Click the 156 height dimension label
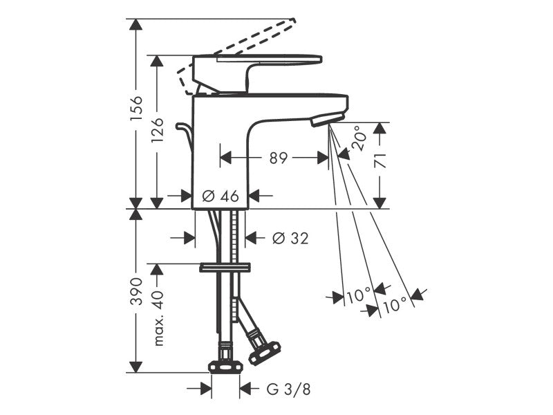pyautogui.click(x=136, y=107)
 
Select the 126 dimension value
pyautogui.click(x=157, y=130)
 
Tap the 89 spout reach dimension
pyautogui.click(x=279, y=158)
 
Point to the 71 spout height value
pyautogui.click(x=379, y=160)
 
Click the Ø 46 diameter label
pyautogui.click(x=221, y=196)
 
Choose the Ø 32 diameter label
pyautogui.click(x=290, y=238)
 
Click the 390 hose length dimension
pyautogui.click(x=136, y=290)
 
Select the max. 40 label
pyautogui.click(x=158, y=317)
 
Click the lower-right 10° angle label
pyautogui.click(x=395, y=304)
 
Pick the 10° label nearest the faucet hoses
pyautogui.click(x=359, y=295)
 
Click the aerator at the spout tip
pyautogui.click(x=328, y=119)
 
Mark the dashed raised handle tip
pyautogui.click(x=292, y=20)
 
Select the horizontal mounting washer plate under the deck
pyautogui.click(x=225, y=268)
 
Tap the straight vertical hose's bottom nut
pyautogui.click(x=226, y=367)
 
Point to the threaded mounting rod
pyautogui.click(x=235, y=266)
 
